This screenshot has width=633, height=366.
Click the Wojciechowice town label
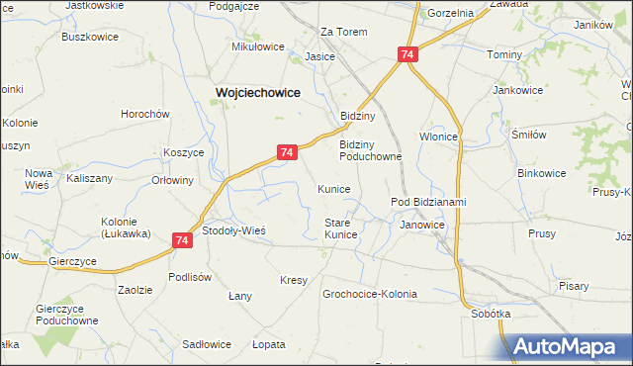(x=258, y=92)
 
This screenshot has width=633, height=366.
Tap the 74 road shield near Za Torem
(x=407, y=56)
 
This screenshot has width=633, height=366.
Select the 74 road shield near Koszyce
(x=286, y=152)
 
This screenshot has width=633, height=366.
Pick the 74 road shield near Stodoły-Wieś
(x=182, y=239)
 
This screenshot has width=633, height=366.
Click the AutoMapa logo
(x=572, y=346)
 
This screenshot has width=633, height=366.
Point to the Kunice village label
(x=333, y=189)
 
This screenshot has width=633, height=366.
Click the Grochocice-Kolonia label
(x=370, y=294)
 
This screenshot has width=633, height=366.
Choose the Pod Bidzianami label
(x=428, y=203)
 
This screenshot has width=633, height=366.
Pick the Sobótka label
(x=492, y=314)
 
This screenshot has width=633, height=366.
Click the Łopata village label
(x=268, y=344)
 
